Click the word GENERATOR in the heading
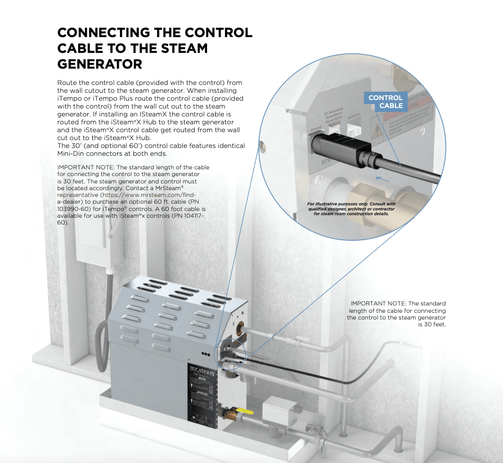pos(100,64)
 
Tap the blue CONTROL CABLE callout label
pos(386,101)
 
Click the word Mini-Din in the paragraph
pos(73,153)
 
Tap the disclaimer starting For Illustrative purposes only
pos(352,209)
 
